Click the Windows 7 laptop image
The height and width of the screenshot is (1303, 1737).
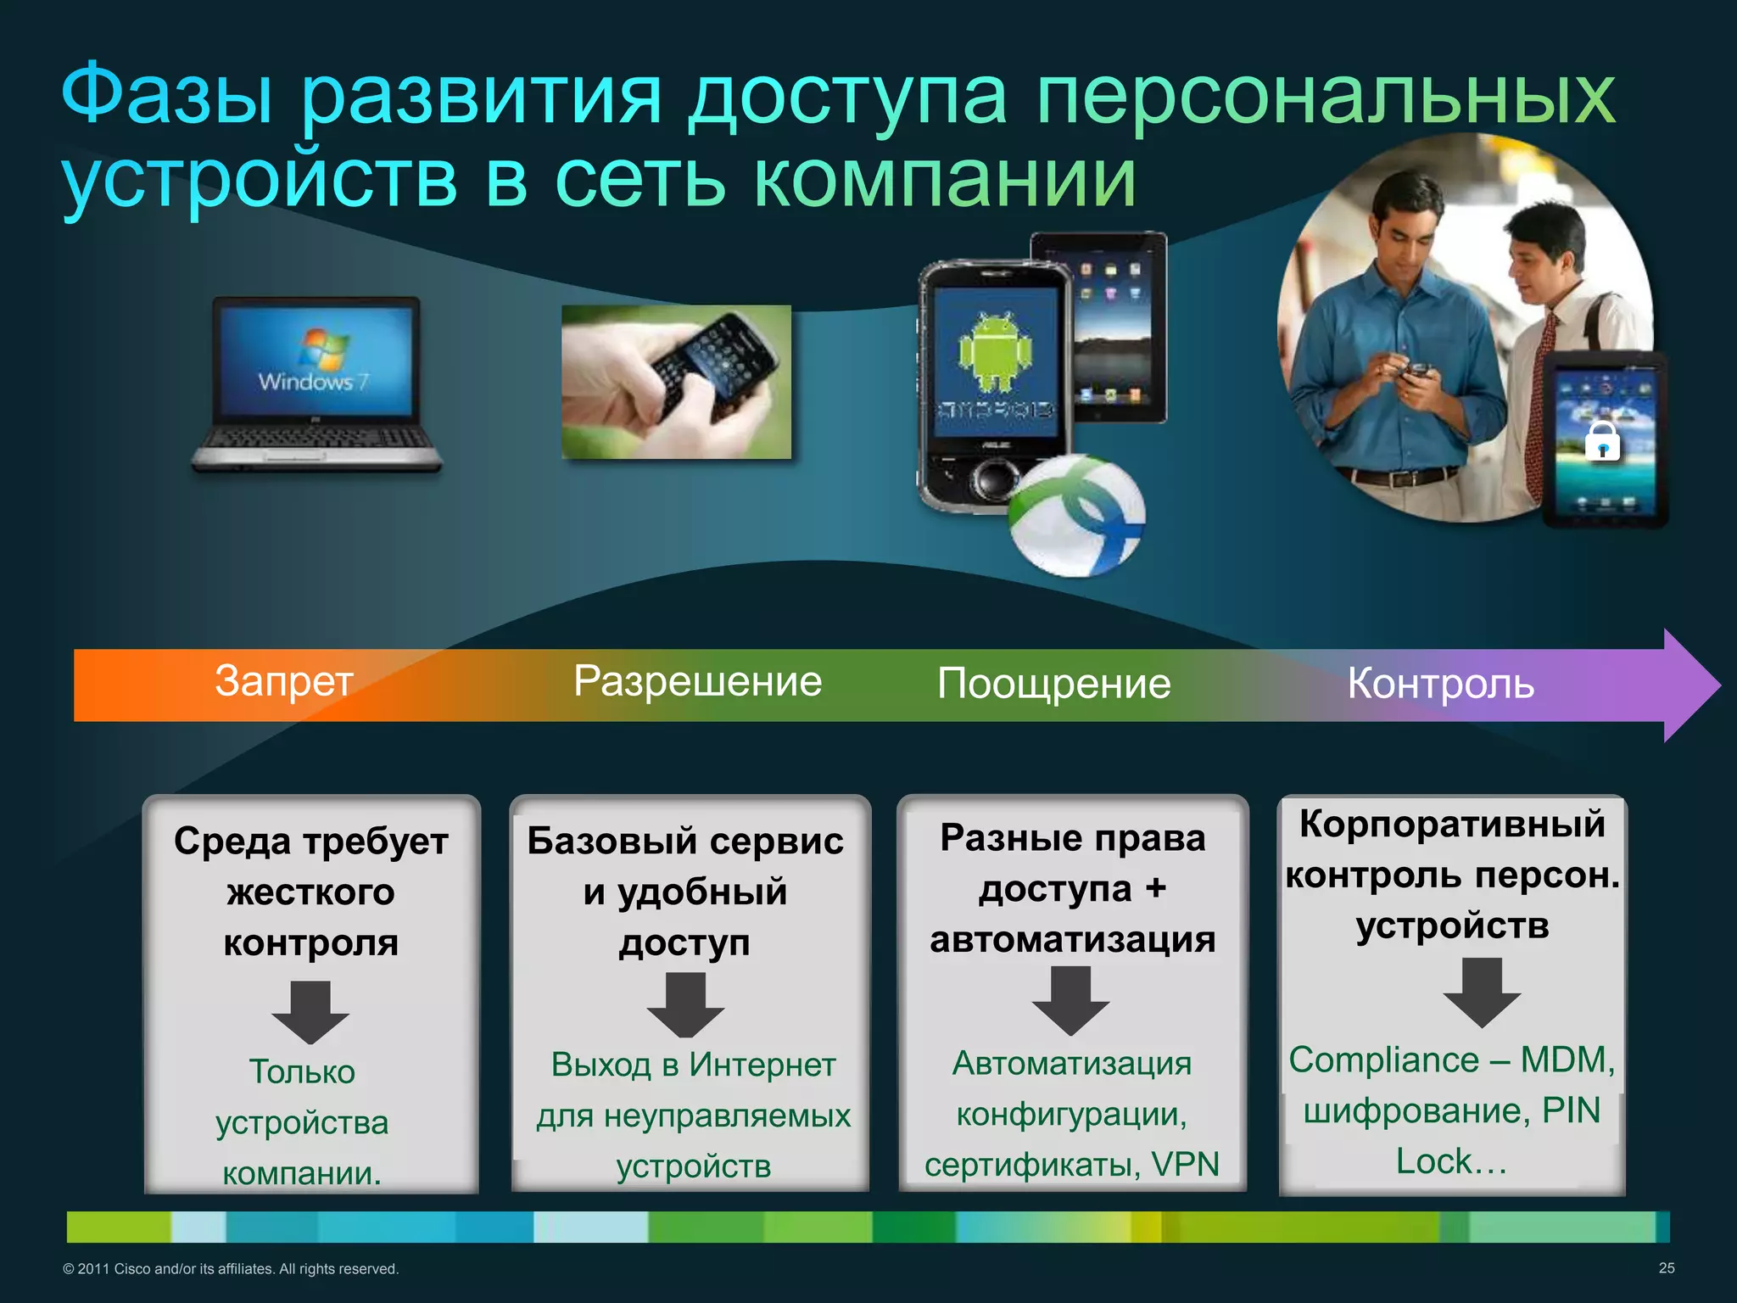click(316, 383)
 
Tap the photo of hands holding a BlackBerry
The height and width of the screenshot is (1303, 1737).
click(676, 382)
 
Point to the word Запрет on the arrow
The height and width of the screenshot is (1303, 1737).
click(283, 682)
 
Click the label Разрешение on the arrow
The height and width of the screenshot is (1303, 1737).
click(697, 682)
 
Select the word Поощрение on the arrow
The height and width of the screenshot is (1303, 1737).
click(1053, 684)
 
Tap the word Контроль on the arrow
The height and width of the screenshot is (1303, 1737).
click(1440, 684)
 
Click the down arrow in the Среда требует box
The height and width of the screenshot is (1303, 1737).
click(310, 1012)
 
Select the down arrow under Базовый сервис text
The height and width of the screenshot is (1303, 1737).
click(685, 1005)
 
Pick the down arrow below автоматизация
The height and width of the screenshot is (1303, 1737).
click(1070, 1001)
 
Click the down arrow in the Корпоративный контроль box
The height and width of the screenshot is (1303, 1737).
click(1481, 993)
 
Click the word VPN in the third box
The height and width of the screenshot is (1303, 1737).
click(1185, 1165)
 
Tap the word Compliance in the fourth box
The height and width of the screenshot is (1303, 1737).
click(1383, 1060)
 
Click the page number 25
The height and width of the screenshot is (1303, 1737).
click(1666, 1268)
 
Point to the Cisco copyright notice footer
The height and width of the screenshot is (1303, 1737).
click(231, 1269)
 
